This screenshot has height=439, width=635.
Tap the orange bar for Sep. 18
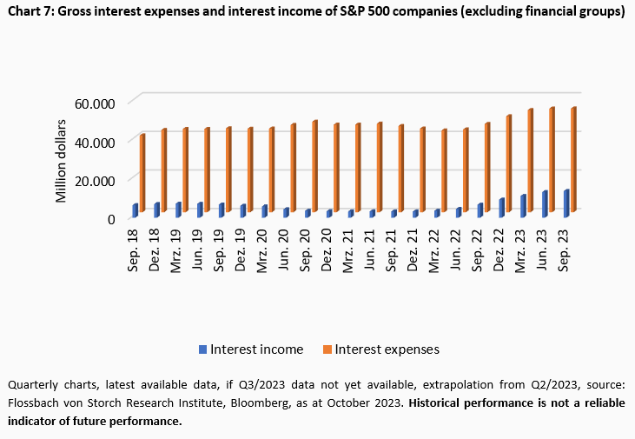(x=142, y=173)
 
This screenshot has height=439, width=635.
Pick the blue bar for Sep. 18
(x=135, y=210)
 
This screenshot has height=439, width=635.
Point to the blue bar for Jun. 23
(x=544, y=204)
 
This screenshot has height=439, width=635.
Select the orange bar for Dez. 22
(x=508, y=163)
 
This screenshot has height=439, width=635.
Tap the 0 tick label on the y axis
(x=111, y=218)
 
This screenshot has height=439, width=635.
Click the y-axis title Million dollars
(x=62, y=162)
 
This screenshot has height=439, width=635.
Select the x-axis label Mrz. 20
(x=263, y=250)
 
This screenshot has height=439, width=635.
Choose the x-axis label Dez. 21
(x=415, y=250)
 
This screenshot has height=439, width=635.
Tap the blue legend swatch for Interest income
(x=202, y=349)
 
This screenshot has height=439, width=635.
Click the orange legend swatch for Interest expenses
(x=327, y=349)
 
